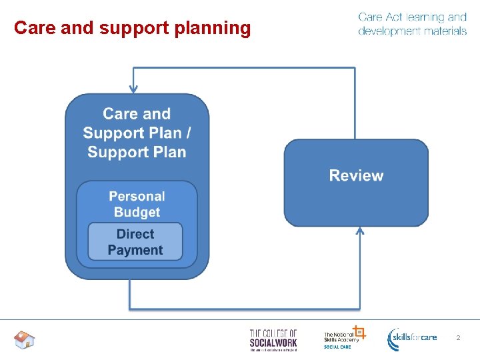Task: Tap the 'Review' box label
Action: [356, 176]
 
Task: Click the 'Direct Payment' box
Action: [135, 242]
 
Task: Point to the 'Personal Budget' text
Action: [137, 204]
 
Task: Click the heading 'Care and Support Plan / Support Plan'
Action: [137, 133]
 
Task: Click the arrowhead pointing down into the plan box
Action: [134, 87]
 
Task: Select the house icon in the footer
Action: [24, 340]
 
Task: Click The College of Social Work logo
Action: [273, 339]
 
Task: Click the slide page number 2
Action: [458, 338]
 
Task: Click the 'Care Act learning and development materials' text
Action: [412, 24]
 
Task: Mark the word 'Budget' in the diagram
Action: [137, 212]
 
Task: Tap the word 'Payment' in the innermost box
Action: [135, 250]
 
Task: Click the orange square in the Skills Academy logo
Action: [359, 331]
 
